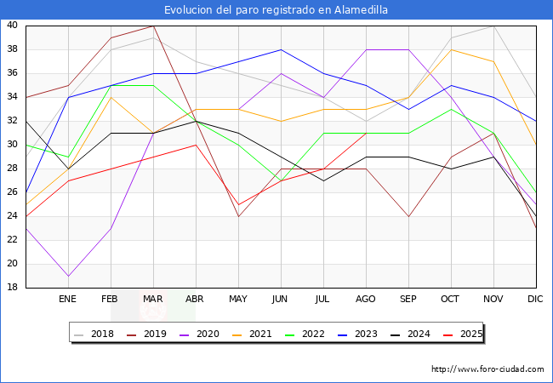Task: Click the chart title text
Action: pyautogui.click(x=276, y=9)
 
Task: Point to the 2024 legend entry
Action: pyautogui.click(x=418, y=334)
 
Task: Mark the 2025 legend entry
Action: pyautogui.click(x=470, y=334)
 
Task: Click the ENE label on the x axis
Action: pyautogui.click(x=67, y=299)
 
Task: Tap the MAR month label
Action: pyautogui.click(x=153, y=299)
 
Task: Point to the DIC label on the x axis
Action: pyautogui.click(x=535, y=299)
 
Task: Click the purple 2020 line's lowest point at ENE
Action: pyautogui.click(x=68, y=276)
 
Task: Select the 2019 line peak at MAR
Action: pyautogui.click(x=153, y=26)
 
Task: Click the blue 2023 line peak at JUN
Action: pyautogui.click(x=281, y=49)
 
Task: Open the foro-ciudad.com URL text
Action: pyautogui.click(x=487, y=369)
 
